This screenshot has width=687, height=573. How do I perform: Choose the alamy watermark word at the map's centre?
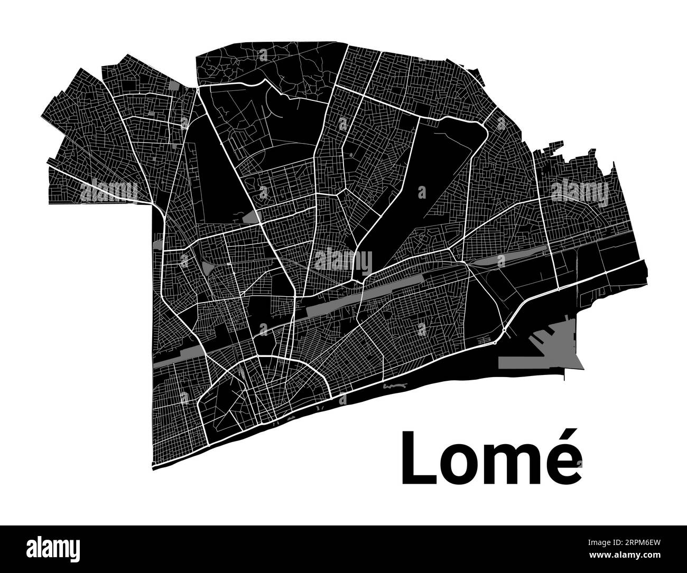[x=343, y=260]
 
